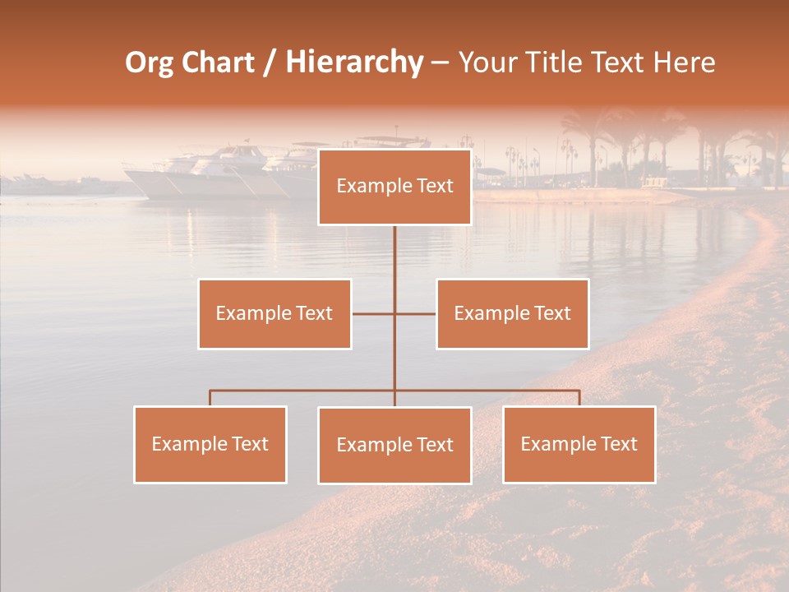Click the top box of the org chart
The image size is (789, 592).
point(394,187)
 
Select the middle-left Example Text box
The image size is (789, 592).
point(275,313)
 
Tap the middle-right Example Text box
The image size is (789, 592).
point(512,313)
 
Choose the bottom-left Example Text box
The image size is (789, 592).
point(210,444)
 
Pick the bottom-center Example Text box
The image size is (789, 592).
point(394,445)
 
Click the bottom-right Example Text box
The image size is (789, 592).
point(579,444)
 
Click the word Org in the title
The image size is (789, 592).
point(149,62)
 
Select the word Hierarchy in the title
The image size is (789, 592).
point(353,62)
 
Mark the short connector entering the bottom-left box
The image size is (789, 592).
point(210,398)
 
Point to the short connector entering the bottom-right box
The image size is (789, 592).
point(579,398)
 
